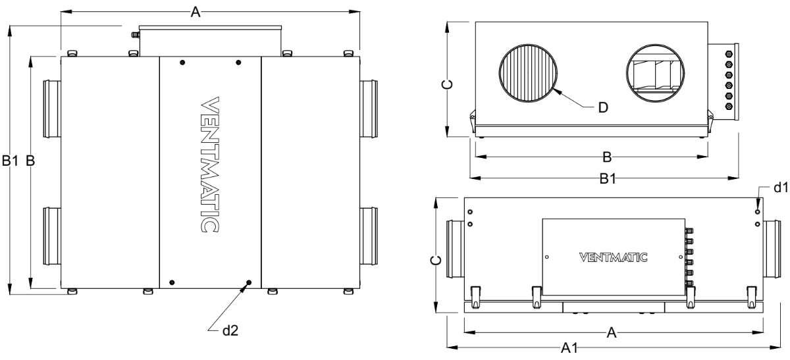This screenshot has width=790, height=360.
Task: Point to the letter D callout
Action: (x=603, y=108)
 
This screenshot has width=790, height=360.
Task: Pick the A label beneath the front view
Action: (x=611, y=334)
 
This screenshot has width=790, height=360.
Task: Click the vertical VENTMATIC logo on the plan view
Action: (x=209, y=165)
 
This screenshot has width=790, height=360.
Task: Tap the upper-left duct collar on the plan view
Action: (x=52, y=108)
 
